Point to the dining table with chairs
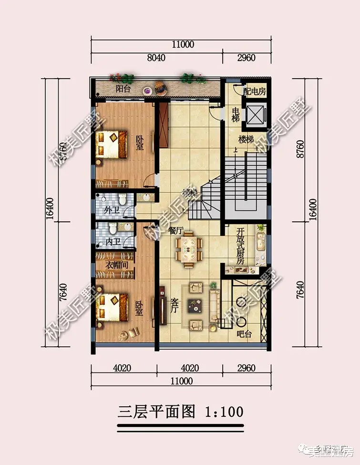(190, 248)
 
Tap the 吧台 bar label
(244, 334)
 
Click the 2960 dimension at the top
(246, 58)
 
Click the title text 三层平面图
(157, 411)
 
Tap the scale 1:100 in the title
(224, 411)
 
